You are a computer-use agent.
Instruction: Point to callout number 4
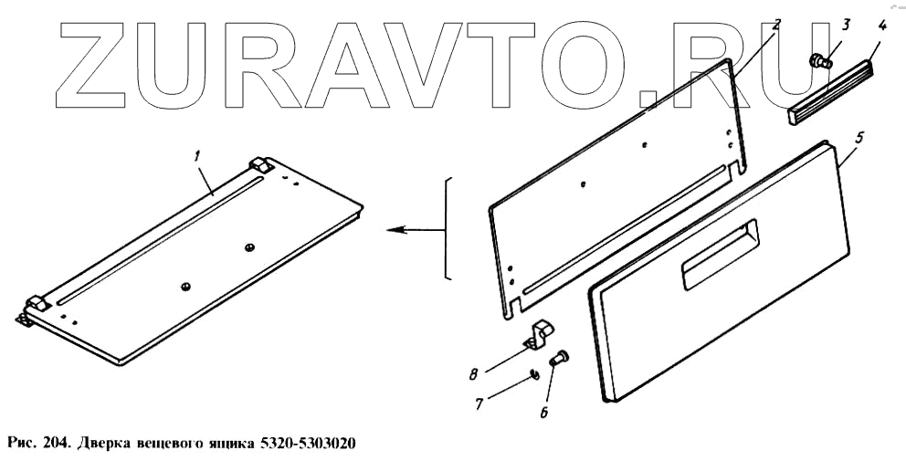pyautogui.click(x=880, y=24)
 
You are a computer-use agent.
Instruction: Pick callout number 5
pyautogui.click(x=859, y=137)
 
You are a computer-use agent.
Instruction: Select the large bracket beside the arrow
pyautogui.click(x=446, y=228)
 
